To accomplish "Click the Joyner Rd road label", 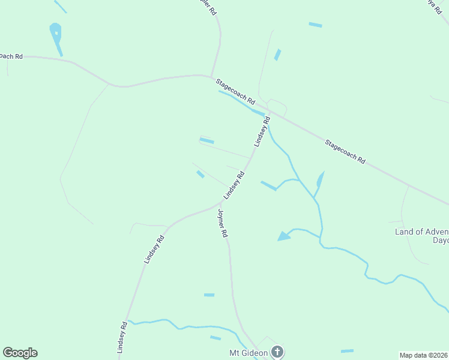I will pos(223,223).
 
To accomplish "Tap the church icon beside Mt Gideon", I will pos(277,352).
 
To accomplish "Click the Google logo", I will pos(20,353).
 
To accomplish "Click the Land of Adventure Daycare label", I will pos(421,235).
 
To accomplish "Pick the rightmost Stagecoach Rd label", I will pos(345,151).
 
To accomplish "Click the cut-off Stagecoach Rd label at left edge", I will pos(11,56).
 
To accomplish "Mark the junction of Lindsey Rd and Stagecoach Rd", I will pos(268,112).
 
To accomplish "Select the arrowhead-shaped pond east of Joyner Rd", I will pos(284,236).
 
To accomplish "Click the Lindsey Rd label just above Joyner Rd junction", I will pos(234,185).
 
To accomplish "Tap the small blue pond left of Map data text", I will pos(347,350).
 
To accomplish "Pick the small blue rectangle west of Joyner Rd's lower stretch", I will pos(209,295).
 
